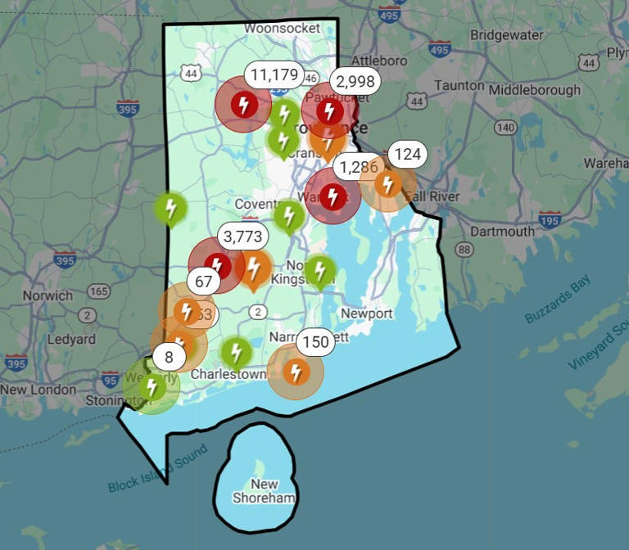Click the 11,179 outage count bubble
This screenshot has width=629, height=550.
click(274, 76)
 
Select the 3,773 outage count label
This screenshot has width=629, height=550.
click(243, 237)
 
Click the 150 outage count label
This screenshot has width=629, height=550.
click(315, 341)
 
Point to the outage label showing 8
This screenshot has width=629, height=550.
click(170, 357)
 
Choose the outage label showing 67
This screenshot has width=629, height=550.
click(204, 282)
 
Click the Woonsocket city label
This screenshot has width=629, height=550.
click(282, 28)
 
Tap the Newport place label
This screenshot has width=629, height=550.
click(366, 313)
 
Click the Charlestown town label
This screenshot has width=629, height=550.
click(228, 374)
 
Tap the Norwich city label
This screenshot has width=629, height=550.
click(48, 295)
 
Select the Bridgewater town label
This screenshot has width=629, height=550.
click(507, 35)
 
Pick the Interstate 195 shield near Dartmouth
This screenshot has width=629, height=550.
click(550, 219)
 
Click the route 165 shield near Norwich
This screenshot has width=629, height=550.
click(99, 291)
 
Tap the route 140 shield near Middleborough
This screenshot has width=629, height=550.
click(505, 128)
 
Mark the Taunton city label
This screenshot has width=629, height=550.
click(459, 86)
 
